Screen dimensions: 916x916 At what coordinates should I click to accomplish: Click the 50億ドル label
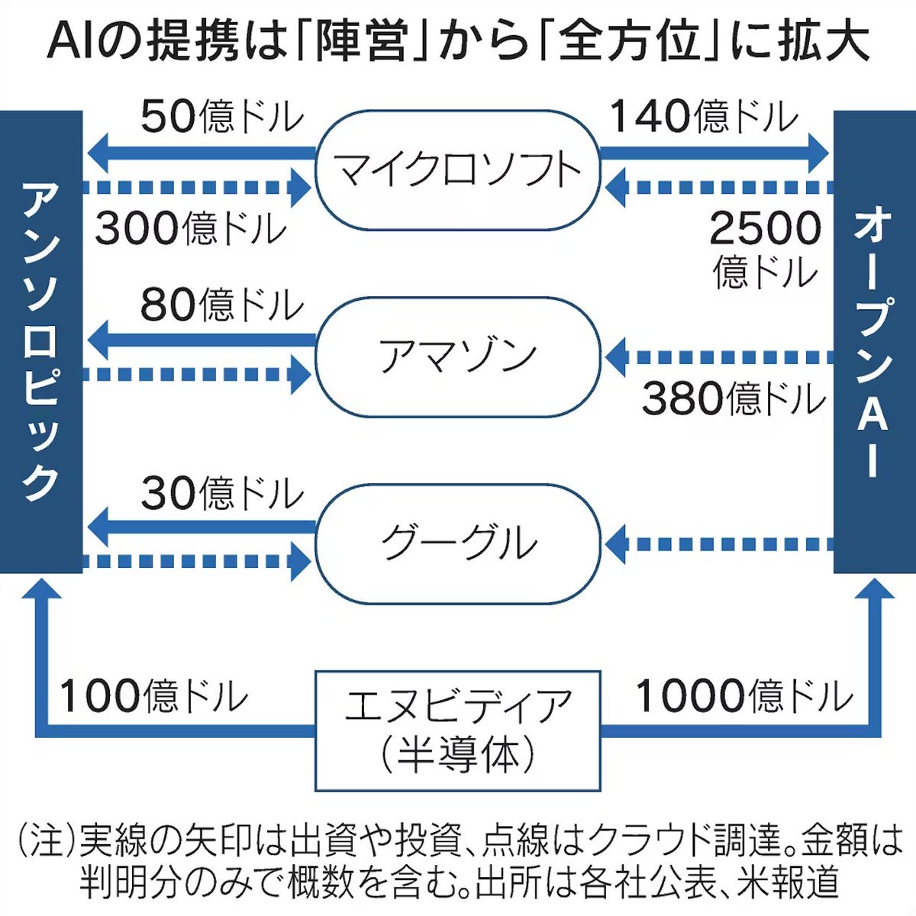pos(221,117)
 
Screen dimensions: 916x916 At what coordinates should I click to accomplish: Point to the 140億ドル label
pos(702,117)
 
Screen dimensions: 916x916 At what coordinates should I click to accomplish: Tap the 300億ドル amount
pos(191,227)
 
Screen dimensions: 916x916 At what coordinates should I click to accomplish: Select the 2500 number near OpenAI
pos(765,227)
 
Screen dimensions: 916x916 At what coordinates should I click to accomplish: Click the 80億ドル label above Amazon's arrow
pos(221,305)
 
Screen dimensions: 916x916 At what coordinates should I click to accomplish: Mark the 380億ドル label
pos(733,398)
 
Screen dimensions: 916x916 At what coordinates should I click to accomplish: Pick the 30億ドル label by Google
pos(221,492)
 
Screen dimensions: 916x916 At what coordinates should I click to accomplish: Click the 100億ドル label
pos(153,695)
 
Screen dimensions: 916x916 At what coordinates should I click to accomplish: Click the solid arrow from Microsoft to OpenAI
pos(714,153)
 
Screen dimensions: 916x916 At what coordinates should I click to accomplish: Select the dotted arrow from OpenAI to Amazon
pos(721,356)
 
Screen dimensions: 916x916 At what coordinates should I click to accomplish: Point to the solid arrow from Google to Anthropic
pos(202,527)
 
